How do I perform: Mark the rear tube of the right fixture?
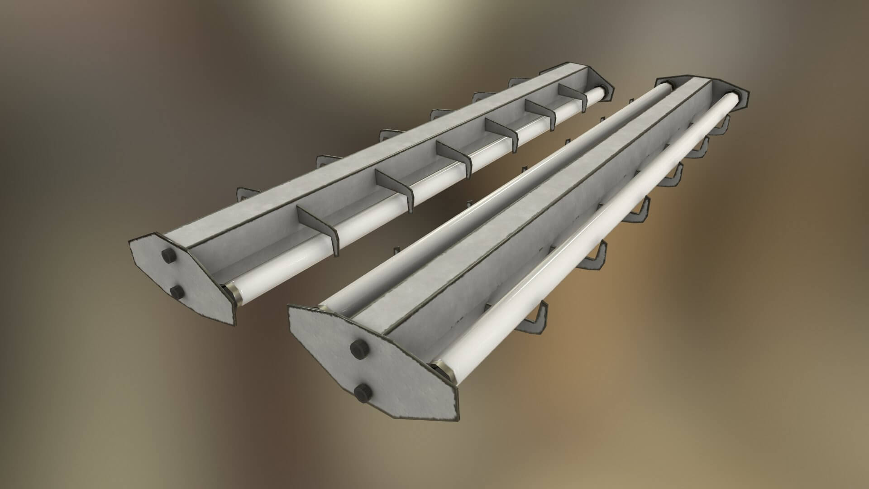[x=498, y=190]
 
